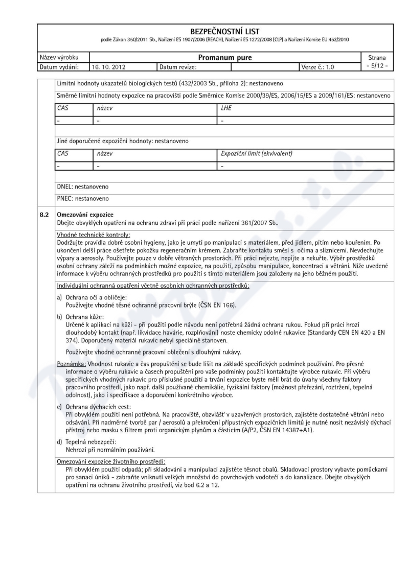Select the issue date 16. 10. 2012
click(109, 67)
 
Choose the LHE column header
click(226, 109)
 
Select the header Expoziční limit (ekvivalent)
click(256, 153)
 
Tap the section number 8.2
click(45, 213)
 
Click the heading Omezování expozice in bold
click(85, 213)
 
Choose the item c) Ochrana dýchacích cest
click(94, 407)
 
